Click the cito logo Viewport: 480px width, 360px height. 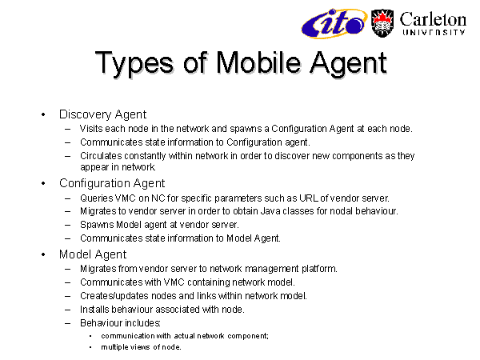point(334,23)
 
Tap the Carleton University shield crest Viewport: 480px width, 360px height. point(382,23)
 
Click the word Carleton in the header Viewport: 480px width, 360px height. point(433,20)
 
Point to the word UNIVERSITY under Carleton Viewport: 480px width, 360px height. point(434,32)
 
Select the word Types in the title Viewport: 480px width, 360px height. point(134,64)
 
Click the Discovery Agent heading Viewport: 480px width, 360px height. point(102,114)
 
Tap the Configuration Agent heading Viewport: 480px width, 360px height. point(112,183)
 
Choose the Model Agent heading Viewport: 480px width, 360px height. point(93,254)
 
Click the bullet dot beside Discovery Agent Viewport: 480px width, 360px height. point(43,114)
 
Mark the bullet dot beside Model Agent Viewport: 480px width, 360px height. point(43,254)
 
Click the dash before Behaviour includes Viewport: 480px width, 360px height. point(68,323)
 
